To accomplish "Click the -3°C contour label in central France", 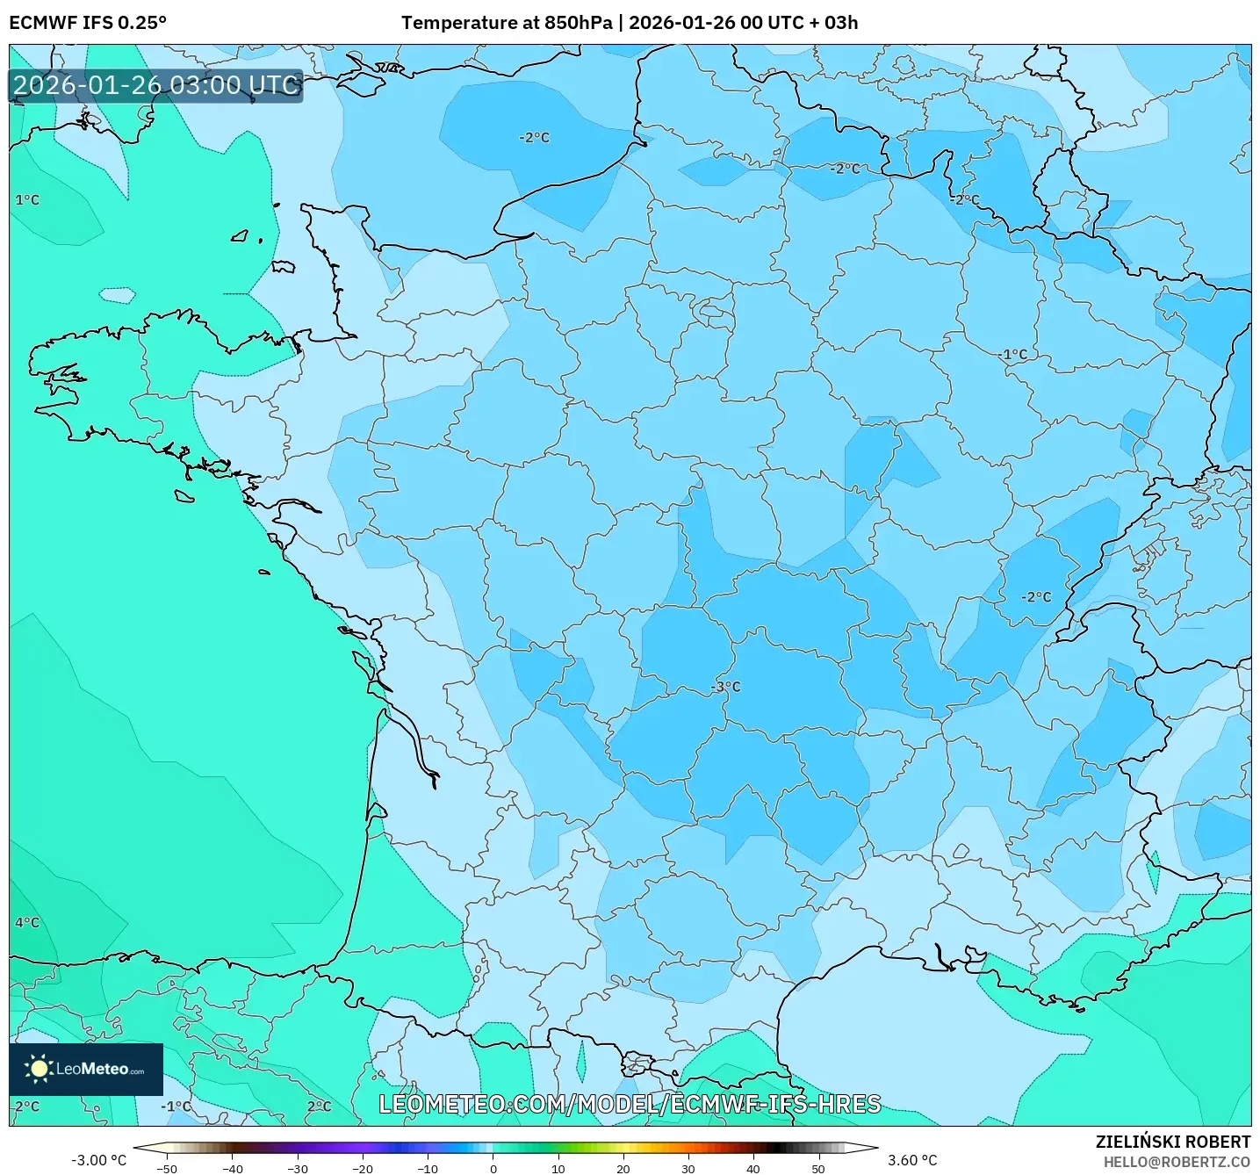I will [725, 687].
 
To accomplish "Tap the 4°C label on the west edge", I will [27, 923].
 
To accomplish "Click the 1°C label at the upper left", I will [27, 200].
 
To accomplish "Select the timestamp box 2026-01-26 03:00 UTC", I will [155, 85].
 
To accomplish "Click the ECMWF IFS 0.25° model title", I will [88, 22].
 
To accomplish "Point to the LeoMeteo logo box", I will [86, 1069].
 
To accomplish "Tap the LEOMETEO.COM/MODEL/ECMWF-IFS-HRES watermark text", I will [630, 1104].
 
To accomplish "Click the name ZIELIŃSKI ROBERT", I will [1173, 1142].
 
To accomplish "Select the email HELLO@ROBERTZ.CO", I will [1177, 1162].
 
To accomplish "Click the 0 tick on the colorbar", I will [493, 1168].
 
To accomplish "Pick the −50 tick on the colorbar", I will [166, 1168].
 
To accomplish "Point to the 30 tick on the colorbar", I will [688, 1168].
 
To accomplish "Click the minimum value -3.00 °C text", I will [98, 1160].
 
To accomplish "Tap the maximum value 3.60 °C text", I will [912, 1160].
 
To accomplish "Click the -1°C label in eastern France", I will [1013, 355].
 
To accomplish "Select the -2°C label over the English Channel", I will [534, 138].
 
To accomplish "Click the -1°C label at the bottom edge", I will [176, 1107].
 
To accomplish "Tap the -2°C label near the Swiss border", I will [1036, 597].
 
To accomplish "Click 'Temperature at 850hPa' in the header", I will [507, 22].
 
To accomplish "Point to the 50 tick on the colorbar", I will [818, 1168].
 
